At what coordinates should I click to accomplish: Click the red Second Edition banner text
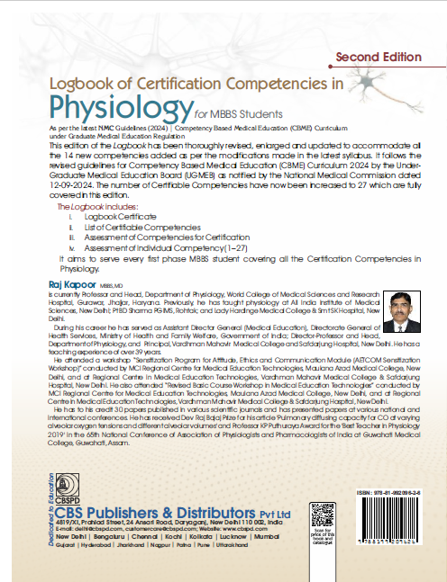[378, 57]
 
